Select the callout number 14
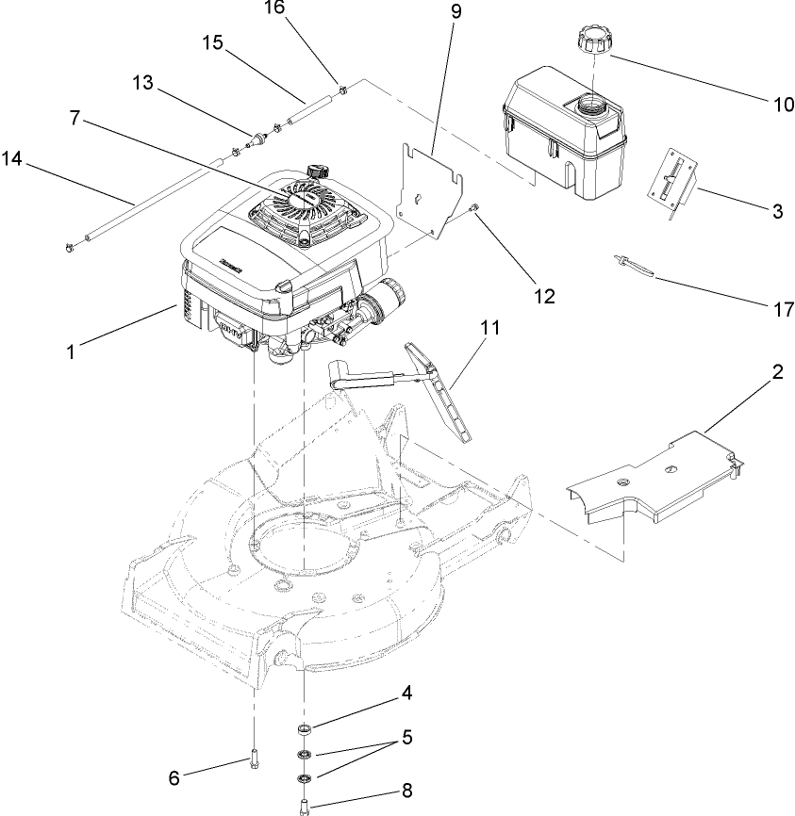tap(12, 159)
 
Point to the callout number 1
tap(70, 351)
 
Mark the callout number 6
tap(174, 778)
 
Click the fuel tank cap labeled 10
tap(590, 42)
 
